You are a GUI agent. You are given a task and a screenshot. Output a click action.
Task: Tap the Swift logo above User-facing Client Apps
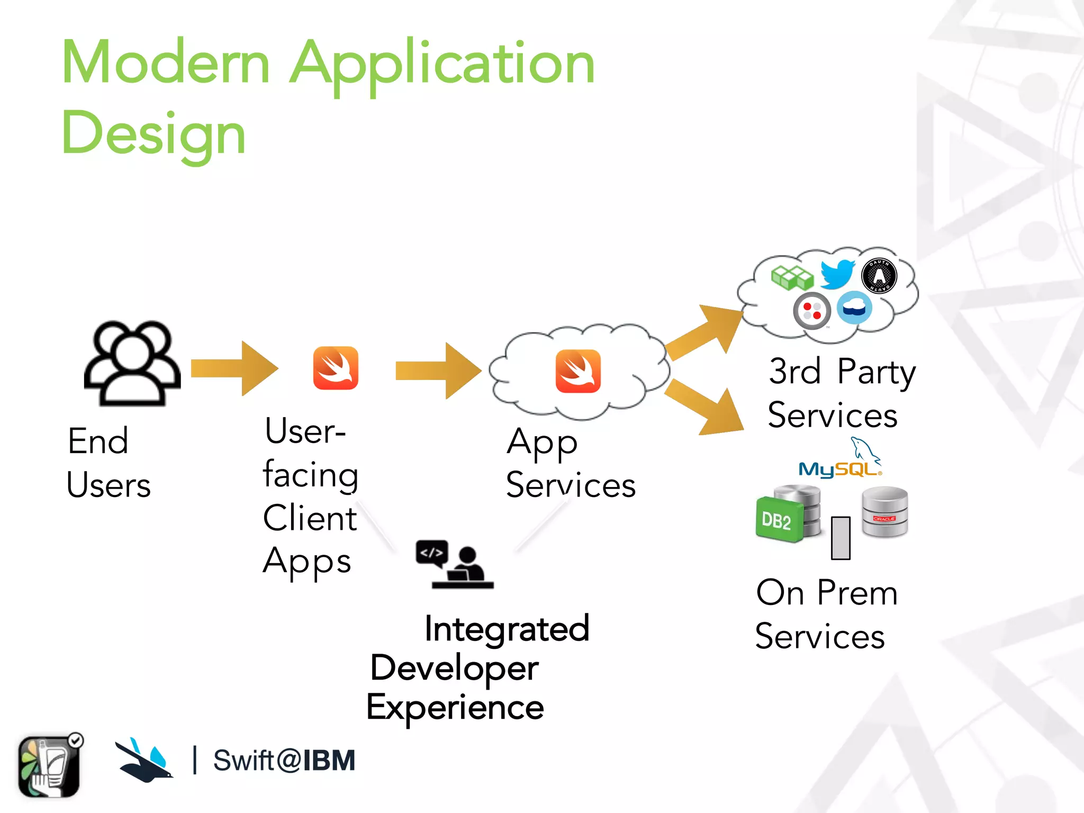[336, 368]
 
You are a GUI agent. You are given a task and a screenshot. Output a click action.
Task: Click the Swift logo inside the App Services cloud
[578, 371]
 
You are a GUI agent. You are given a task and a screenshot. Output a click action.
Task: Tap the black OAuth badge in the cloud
[879, 275]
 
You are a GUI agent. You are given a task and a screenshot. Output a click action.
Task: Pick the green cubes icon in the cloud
[792, 277]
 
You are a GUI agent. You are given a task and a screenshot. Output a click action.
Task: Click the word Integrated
[507, 629]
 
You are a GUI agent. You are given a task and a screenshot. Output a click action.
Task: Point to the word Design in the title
[153, 133]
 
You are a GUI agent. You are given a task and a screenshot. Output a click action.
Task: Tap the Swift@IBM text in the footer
[284, 761]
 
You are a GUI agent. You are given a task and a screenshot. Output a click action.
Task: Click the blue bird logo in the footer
[143, 760]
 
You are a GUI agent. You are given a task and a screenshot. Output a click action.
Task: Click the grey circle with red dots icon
[811, 311]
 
